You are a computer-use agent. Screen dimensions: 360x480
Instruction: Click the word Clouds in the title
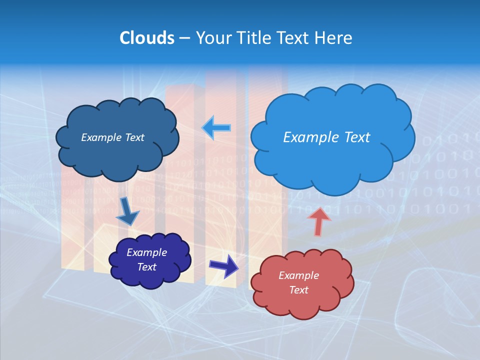pyautogui.click(x=147, y=38)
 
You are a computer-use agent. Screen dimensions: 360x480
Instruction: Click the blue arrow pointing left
pyautogui.click(x=216, y=127)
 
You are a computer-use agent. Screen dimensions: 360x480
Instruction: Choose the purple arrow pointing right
pyautogui.click(x=224, y=266)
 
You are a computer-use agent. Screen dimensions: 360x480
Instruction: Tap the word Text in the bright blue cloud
pyautogui.click(x=357, y=137)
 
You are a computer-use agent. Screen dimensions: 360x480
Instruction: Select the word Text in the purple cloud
pyautogui.click(x=146, y=267)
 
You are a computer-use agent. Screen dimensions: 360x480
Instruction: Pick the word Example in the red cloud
pyautogui.click(x=298, y=275)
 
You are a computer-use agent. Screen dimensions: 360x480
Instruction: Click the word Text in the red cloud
pyautogui.click(x=298, y=290)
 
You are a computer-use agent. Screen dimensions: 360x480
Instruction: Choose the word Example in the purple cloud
pyautogui.click(x=146, y=252)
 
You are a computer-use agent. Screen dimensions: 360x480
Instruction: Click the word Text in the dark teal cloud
pyautogui.click(x=134, y=137)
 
